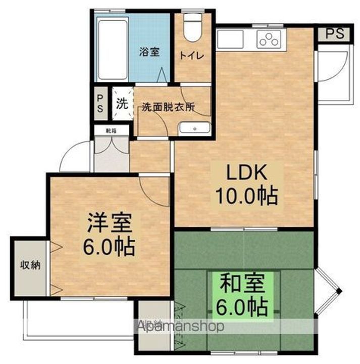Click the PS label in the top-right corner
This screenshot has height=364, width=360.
[x=334, y=34]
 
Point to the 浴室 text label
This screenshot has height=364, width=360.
[x=149, y=52]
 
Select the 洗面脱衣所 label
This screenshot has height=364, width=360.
[x=168, y=107]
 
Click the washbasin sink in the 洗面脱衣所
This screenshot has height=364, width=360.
[x=194, y=129]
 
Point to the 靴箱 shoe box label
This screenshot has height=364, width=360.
[x=110, y=130]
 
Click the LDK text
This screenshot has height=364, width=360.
[x=246, y=173]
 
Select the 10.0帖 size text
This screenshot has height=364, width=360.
[x=246, y=195]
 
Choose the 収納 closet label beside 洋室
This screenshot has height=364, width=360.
[x=30, y=265]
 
